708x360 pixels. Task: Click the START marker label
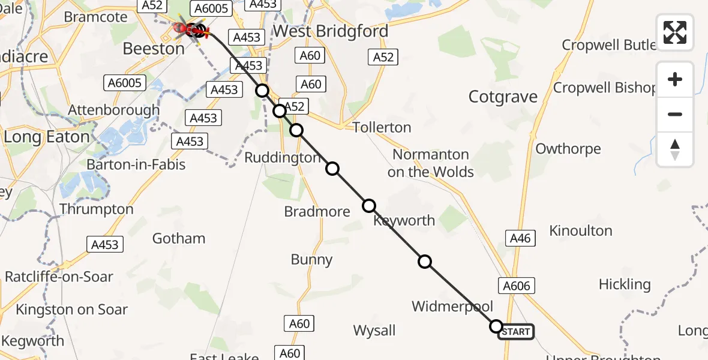pyautogui.click(x=515, y=332)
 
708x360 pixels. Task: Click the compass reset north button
pyautogui.click(x=675, y=150)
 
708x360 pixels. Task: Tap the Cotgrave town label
pyautogui.click(x=503, y=97)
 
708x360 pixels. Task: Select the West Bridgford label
pyautogui.click(x=330, y=31)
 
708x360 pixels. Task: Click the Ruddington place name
pyautogui.click(x=283, y=158)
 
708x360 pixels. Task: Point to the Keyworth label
pyautogui.click(x=404, y=221)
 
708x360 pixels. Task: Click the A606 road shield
pyautogui.click(x=516, y=286)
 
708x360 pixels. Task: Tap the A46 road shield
pyautogui.click(x=520, y=238)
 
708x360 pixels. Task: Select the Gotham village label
pyautogui.click(x=179, y=239)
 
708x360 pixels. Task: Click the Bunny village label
pyautogui.click(x=311, y=260)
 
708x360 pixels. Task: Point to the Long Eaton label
pyautogui.click(x=46, y=137)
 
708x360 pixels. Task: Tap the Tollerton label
pyautogui.click(x=382, y=128)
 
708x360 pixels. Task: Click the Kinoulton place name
pyautogui.click(x=581, y=231)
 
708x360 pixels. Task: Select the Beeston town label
pyautogui.click(x=154, y=49)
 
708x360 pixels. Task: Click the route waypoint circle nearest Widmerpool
pyautogui.click(x=425, y=262)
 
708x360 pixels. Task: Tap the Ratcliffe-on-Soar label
pyautogui.click(x=59, y=277)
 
